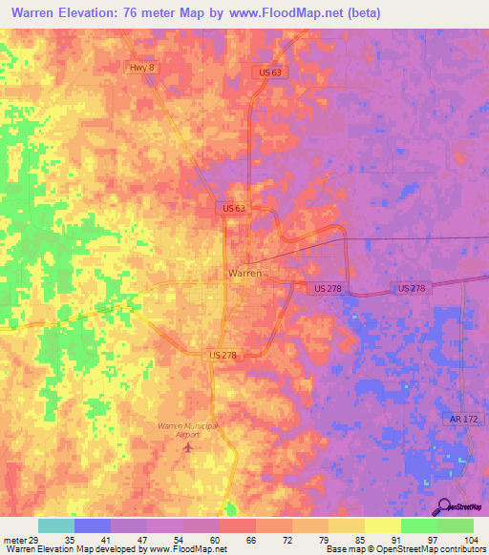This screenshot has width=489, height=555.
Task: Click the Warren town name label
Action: tap(244, 273)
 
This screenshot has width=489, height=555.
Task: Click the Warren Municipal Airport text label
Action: tap(188, 428)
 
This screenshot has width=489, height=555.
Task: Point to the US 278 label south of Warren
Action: tap(222, 355)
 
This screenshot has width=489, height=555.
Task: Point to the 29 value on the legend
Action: tap(34, 539)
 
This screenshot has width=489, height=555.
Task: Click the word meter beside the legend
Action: tap(13, 539)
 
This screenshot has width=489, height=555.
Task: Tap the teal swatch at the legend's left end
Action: tap(55, 525)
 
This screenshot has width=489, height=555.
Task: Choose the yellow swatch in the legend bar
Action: tap(382, 525)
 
